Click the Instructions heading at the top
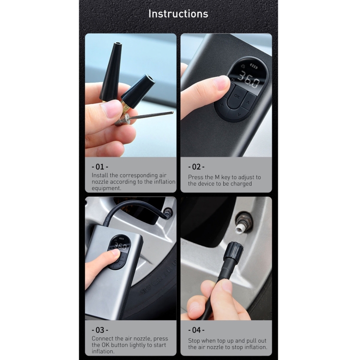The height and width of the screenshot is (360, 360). (178, 14)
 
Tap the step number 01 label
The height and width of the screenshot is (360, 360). (100, 167)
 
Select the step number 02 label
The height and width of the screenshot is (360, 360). (196, 167)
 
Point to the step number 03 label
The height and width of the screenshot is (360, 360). (100, 330)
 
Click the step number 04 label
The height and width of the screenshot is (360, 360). (196, 330)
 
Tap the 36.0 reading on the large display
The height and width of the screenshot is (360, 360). (249, 80)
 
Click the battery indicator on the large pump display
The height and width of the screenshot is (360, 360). (253, 66)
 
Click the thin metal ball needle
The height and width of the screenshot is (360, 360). (150, 115)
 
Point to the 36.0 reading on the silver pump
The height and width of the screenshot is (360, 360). (120, 246)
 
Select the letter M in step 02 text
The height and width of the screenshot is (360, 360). (217, 177)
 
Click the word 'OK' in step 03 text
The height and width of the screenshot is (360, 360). (105, 345)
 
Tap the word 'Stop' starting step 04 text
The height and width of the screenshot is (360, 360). (194, 341)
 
